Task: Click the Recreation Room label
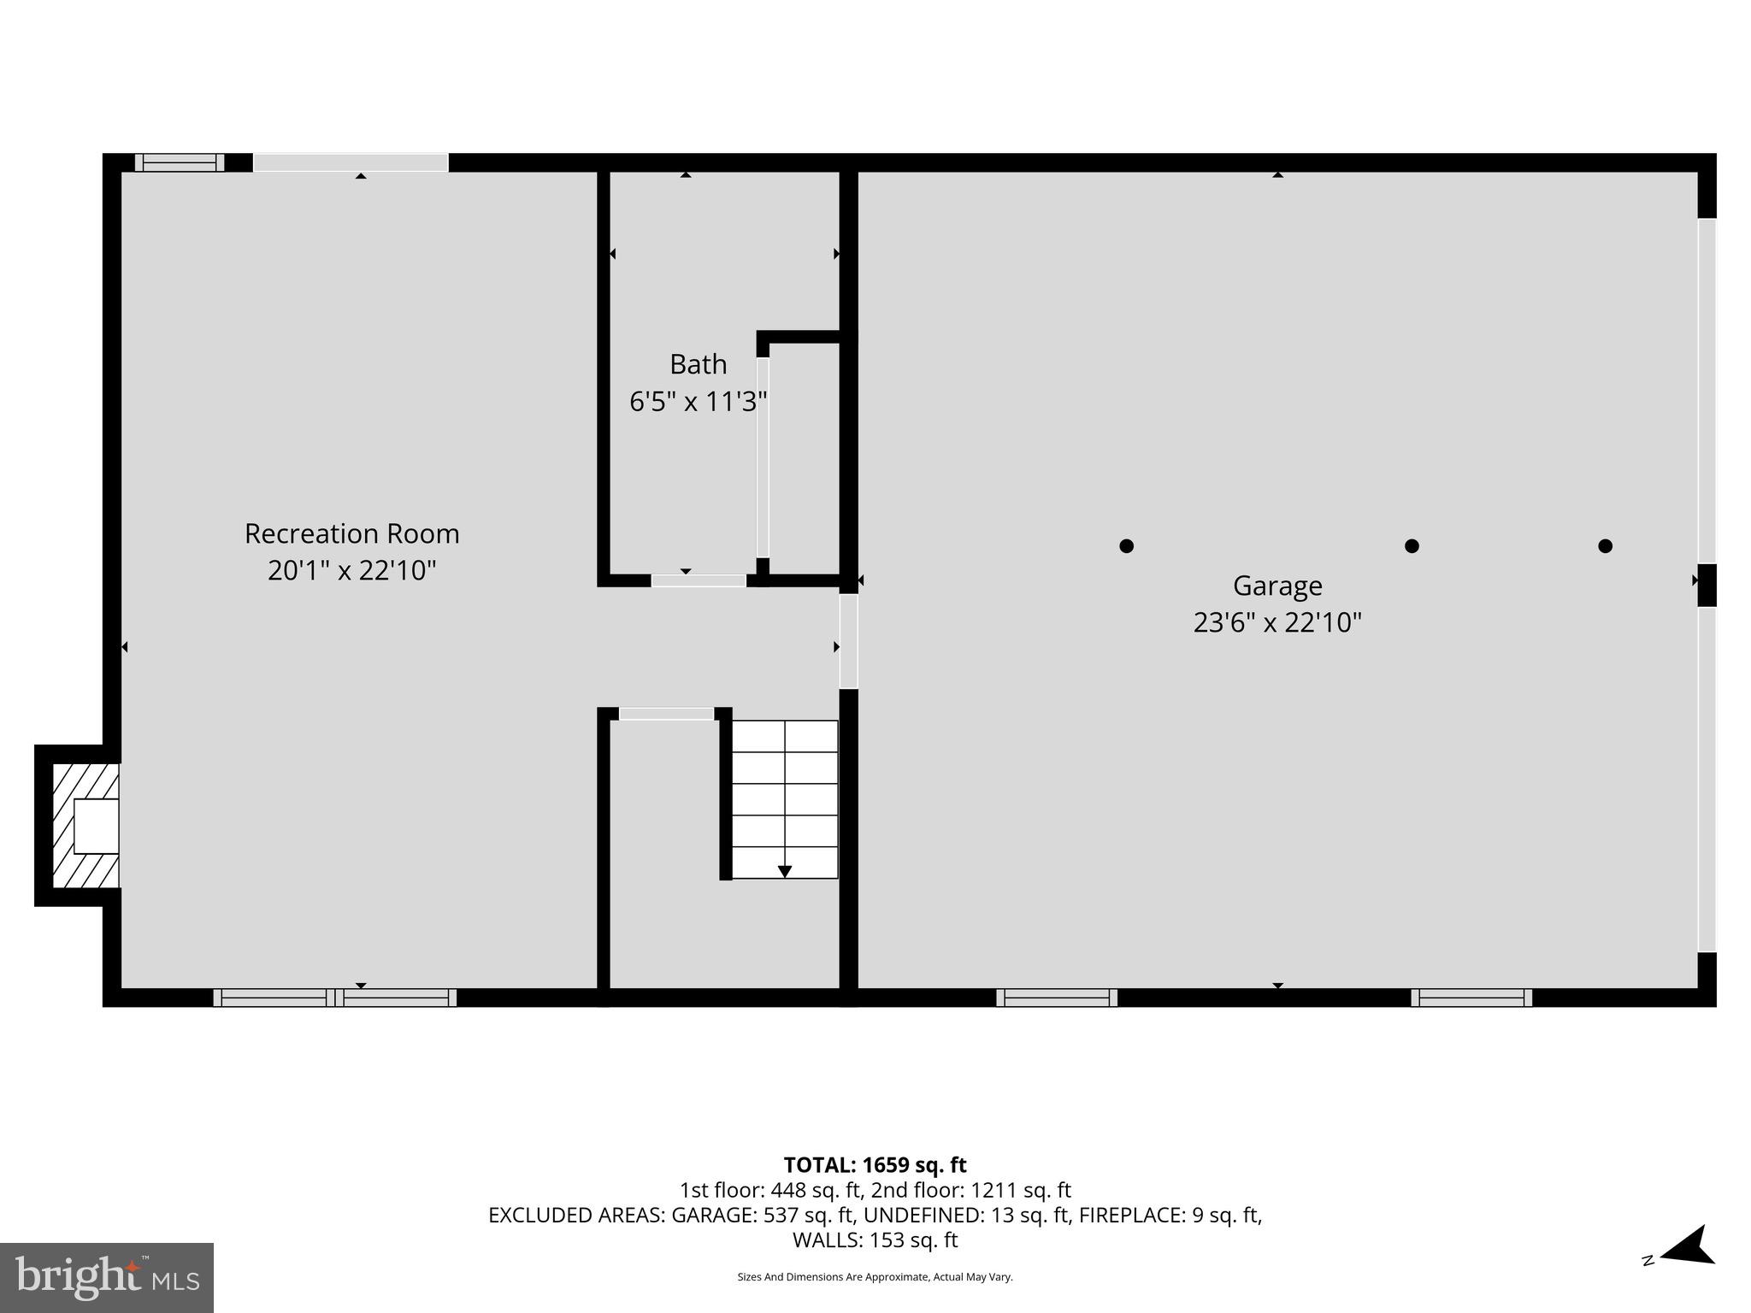tap(351, 533)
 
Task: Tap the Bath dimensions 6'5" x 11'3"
tap(698, 401)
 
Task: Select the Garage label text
tap(1276, 586)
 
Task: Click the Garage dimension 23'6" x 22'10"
tap(1276, 622)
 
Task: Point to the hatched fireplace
tap(85, 826)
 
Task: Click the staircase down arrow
tap(784, 871)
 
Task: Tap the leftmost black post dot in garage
tap(1126, 545)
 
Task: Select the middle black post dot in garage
tap(1412, 545)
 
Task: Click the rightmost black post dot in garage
tap(1605, 545)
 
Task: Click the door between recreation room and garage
tap(848, 641)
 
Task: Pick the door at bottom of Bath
tap(699, 580)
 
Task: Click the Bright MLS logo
tap(107, 1277)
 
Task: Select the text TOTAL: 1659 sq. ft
tap(875, 1165)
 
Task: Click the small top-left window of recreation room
tap(179, 162)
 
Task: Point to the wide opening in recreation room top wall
tap(351, 162)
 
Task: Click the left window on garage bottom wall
tap(1056, 997)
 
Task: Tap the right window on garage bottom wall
tap(1471, 997)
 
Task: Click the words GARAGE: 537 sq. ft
tap(762, 1215)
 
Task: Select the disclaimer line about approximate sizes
tap(875, 1277)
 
